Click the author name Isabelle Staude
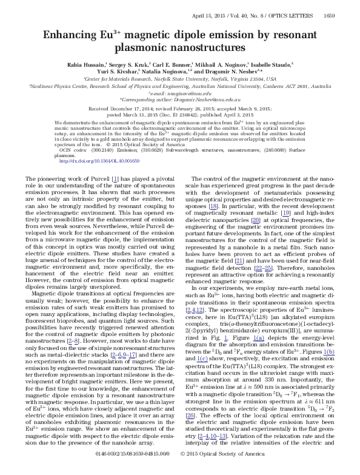(x=273, y=63)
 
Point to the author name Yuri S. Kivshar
(x=99, y=71)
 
